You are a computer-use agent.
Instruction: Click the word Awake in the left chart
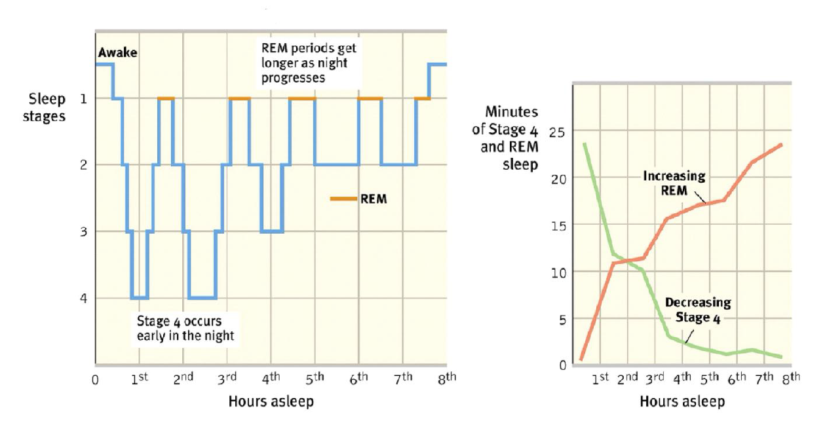[x=117, y=53]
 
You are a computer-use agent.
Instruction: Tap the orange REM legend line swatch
[x=343, y=198]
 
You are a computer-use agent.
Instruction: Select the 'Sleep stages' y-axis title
[x=47, y=108]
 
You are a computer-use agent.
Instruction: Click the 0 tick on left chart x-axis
[x=95, y=379]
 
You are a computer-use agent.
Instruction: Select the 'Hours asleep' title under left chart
[x=271, y=401]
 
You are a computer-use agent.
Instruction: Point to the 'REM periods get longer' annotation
[x=309, y=62]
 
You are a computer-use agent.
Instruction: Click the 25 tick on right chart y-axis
[x=556, y=130]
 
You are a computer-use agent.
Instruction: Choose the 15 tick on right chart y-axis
[x=556, y=225]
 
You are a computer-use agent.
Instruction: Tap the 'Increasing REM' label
[x=674, y=182]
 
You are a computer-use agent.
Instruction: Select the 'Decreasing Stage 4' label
[x=697, y=310]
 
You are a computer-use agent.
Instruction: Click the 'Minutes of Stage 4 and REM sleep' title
[x=505, y=138]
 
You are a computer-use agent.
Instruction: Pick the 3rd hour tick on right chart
[x=654, y=378]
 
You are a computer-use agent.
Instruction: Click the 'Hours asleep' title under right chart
[x=682, y=401]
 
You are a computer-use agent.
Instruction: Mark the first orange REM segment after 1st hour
[x=166, y=98]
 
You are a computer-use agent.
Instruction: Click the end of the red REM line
[x=781, y=145]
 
